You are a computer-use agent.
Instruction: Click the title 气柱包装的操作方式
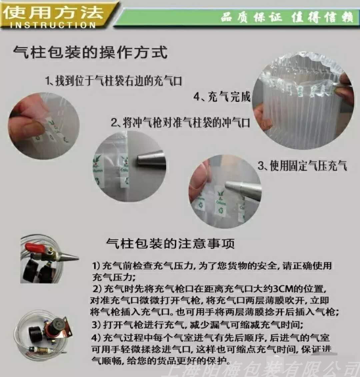pos(90,53)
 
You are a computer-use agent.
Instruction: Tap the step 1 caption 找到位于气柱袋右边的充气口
pos(114,81)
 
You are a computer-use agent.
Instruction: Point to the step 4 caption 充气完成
pos(222,97)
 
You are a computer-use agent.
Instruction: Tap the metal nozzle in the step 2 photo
pos(152,158)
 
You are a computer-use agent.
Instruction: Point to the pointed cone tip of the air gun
pos(72,258)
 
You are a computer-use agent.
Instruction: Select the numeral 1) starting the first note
pos(96,266)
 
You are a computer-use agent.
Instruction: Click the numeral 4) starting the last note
pos(96,337)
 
